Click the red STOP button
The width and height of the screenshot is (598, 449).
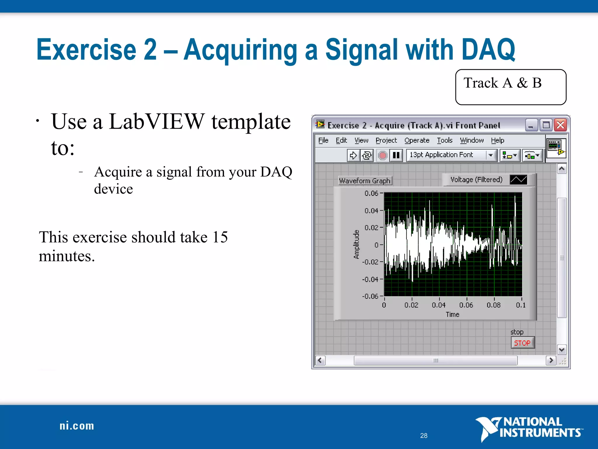pos(522,343)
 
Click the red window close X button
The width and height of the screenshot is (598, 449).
pos(560,125)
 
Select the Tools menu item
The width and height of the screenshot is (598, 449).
pos(444,140)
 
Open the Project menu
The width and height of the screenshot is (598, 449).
pos(386,140)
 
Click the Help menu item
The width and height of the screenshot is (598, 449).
pos(497,140)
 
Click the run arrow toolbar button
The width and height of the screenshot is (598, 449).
pos(353,155)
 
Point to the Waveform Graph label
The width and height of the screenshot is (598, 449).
pos(365,181)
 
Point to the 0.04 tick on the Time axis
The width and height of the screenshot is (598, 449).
pos(439,305)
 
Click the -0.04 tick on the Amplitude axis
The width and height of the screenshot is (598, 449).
pos(370,279)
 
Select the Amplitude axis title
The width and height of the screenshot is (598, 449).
pos(356,244)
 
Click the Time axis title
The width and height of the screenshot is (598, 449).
pos(452,315)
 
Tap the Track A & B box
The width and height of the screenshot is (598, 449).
pos(510,87)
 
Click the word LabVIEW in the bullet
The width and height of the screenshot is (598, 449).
pos(157,121)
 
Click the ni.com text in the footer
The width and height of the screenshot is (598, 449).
pos(77,426)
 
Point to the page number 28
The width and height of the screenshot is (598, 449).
pos(424,436)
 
